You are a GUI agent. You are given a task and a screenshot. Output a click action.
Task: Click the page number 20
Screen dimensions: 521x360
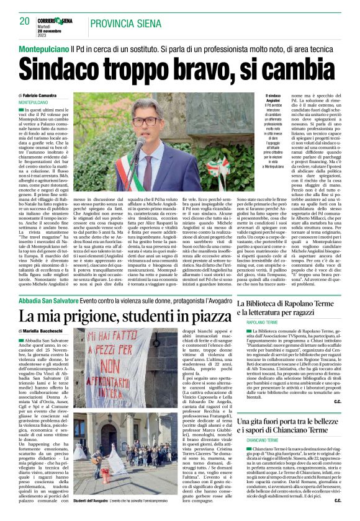coord(24,21)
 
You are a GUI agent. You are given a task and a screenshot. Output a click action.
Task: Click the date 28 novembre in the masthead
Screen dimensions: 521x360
coord(56,31)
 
